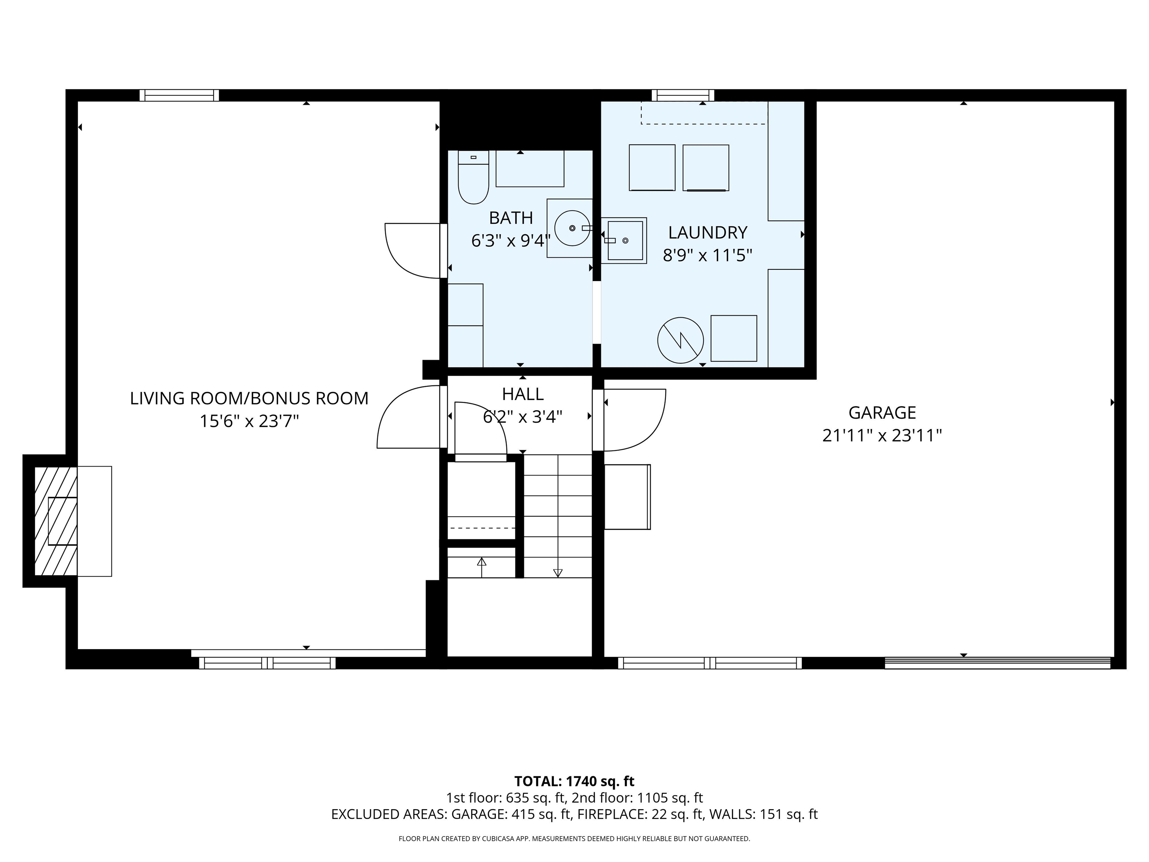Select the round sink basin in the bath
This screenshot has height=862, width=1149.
(572, 228)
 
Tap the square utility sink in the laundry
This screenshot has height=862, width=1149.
(625, 241)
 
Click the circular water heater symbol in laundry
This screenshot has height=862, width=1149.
(680, 340)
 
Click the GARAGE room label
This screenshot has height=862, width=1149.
(882, 413)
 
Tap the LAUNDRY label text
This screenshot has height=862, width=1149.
(708, 232)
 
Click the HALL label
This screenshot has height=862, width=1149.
(523, 394)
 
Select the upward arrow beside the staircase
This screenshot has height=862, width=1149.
(481, 562)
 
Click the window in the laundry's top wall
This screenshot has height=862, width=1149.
(683, 95)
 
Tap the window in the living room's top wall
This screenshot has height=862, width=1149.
(179, 95)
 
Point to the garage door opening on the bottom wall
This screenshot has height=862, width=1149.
(997, 663)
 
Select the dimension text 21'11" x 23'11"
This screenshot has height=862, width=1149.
(882, 435)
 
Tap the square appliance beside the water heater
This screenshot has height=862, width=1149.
(733, 338)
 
